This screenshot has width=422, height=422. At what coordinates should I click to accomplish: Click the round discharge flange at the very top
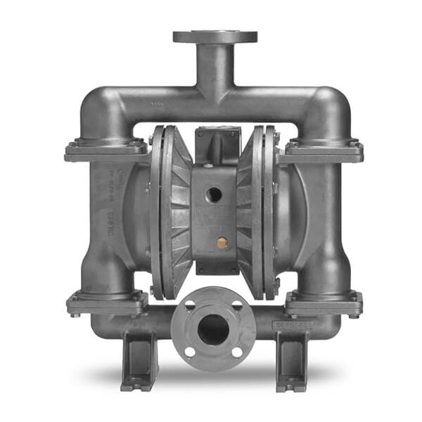(x=214, y=37)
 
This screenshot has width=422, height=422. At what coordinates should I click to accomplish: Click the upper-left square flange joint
(x=106, y=149)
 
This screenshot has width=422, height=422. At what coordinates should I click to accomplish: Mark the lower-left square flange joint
(x=107, y=302)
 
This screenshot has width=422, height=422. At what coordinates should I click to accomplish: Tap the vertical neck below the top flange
(x=214, y=70)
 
